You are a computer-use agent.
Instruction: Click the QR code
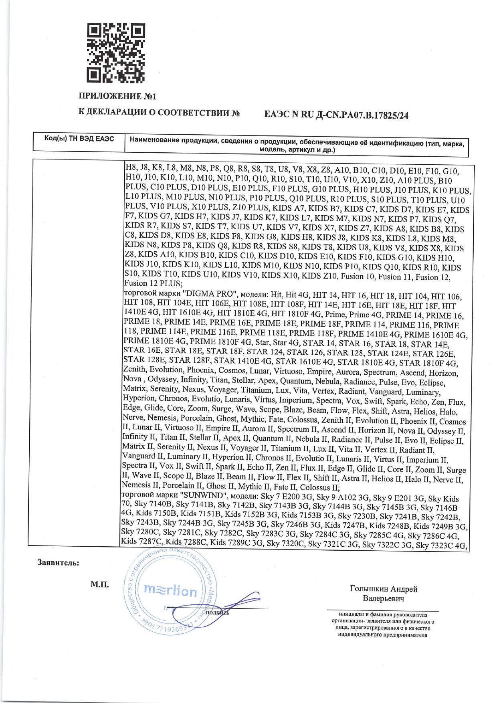tap(116, 53)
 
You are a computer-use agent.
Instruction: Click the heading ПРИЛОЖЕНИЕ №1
tap(117, 97)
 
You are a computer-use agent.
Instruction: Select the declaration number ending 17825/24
tap(336, 115)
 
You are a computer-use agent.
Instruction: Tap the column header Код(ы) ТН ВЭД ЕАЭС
tap(79, 139)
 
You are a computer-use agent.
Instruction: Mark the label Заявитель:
tap(58, 563)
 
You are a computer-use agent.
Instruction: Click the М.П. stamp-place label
tap(99, 585)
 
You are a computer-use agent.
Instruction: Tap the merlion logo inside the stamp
tap(170, 590)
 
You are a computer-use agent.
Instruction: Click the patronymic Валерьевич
tap(384, 599)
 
